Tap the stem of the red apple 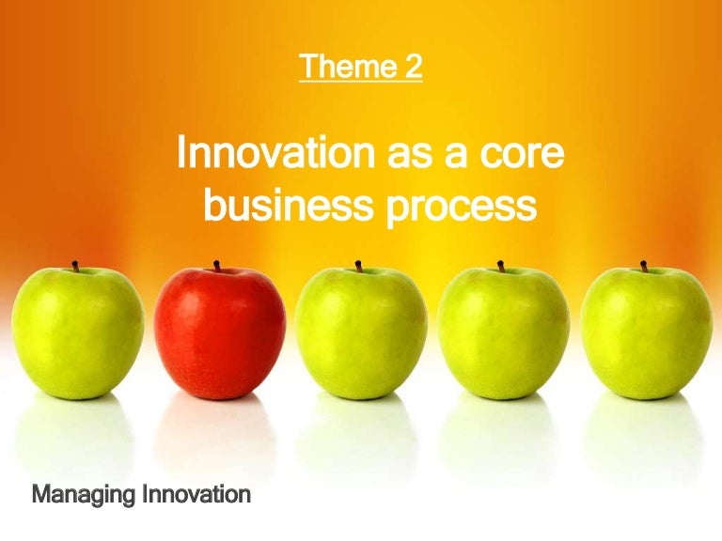click(216, 266)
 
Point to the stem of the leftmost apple click(75, 266)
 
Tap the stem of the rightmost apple click(644, 266)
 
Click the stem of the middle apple click(358, 266)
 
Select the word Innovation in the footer click(195, 493)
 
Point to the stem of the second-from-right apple click(501, 266)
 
